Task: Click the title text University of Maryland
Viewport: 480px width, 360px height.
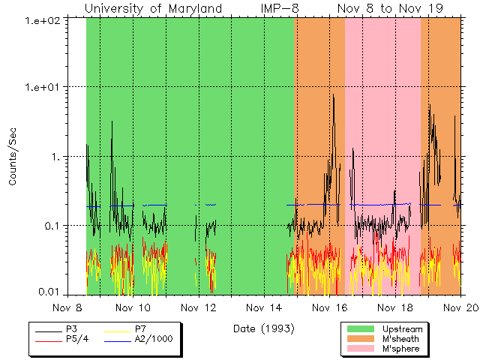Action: click(x=154, y=8)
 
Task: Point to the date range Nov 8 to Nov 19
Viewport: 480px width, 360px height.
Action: click(x=390, y=8)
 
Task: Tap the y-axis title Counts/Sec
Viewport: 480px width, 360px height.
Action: click(x=13, y=157)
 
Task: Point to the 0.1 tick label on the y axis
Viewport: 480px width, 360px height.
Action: click(x=54, y=226)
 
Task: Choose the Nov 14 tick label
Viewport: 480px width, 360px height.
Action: click(x=264, y=307)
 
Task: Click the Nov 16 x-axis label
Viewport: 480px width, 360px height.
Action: click(x=329, y=307)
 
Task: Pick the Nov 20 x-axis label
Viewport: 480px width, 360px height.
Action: click(x=459, y=307)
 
